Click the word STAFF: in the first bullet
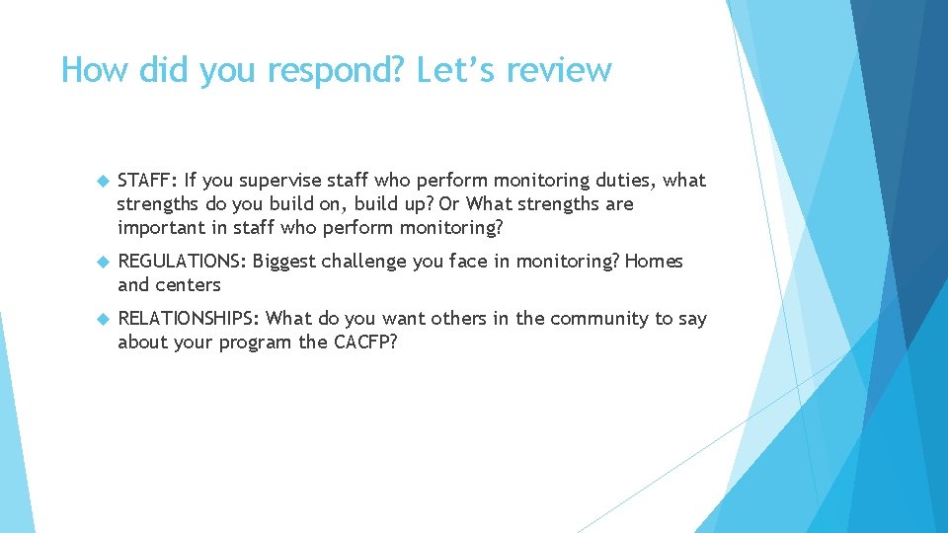(147, 181)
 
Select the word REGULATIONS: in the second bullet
(183, 262)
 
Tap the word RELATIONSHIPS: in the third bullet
(189, 319)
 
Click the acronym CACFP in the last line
(363, 343)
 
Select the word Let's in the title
(451, 71)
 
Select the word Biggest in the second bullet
(287, 262)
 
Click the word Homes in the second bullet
(654, 262)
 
